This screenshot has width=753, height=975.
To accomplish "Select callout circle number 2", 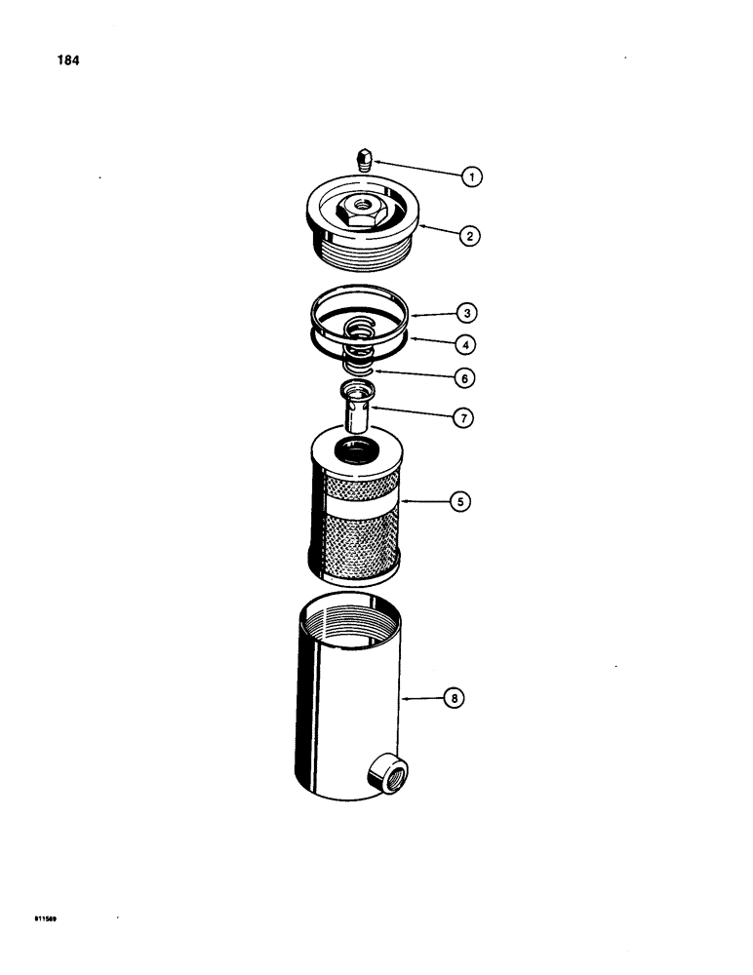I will pyautogui.click(x=472, y=235).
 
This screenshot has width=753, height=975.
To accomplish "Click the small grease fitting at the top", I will pyautogui.click(x=364, y=159).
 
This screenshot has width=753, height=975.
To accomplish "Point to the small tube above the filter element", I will pyautogui.click(x=356, y=410).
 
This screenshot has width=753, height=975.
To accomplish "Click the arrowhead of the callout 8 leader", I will pyautogui.click(x=405, y=698).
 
